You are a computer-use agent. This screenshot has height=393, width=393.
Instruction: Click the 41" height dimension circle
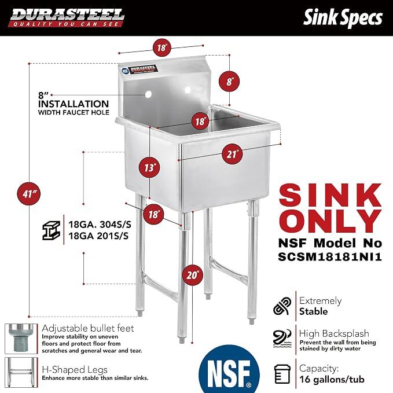pos(28,193)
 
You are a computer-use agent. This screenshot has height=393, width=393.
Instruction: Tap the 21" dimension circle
pos(232,154)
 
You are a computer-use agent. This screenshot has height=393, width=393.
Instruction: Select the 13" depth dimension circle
pos(150,167)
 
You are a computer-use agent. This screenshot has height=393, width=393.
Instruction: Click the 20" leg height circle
pos(192,275)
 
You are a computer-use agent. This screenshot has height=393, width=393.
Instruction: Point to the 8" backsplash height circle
pos(229,81)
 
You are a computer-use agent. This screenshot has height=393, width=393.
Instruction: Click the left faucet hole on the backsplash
pos(148,94)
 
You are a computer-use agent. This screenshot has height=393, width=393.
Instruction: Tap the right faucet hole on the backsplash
pos(188,90)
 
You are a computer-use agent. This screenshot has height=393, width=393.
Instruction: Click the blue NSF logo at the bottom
pos(229,369)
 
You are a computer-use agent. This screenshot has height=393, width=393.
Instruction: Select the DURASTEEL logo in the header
pos(66,17)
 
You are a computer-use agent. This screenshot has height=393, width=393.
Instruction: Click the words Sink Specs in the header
pos(343,18)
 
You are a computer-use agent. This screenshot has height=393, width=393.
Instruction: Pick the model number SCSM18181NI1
pos(330,256)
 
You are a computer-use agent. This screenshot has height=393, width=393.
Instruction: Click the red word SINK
pos(330,195)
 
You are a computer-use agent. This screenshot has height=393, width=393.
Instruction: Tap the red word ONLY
pos(330,221)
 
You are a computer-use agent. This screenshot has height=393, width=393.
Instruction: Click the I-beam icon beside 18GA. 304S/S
pos(52,230)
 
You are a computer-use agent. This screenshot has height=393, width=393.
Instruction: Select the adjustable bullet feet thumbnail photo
pos(21,339)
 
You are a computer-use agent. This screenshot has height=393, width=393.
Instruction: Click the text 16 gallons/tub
pos(332,379)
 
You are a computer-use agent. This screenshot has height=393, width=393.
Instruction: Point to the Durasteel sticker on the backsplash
pos(139,69)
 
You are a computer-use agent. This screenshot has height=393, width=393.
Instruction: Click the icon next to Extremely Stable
pos(282,306)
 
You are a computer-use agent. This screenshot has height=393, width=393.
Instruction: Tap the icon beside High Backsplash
pos(282,339)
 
